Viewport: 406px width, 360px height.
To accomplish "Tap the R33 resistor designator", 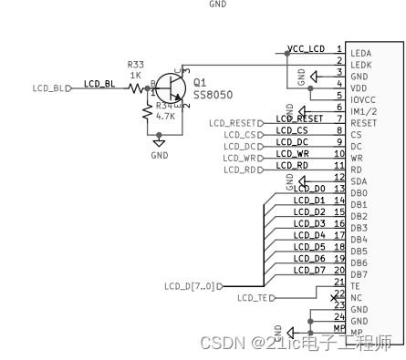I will (135, 65).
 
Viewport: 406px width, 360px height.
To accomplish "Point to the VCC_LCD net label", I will (306, 49).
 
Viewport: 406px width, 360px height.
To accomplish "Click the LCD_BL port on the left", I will (50, 88).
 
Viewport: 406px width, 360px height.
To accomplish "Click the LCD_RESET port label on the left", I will (233, 122).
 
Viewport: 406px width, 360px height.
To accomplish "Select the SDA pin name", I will (359, 180).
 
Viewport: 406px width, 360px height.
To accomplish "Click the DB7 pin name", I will (359, 274).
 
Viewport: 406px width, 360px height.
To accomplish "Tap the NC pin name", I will (356, 298).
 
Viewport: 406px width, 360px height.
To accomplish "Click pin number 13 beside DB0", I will (338, 190).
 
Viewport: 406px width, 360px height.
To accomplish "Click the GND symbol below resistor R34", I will (160, 142).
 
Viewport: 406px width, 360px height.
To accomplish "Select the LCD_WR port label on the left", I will (237, 158).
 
